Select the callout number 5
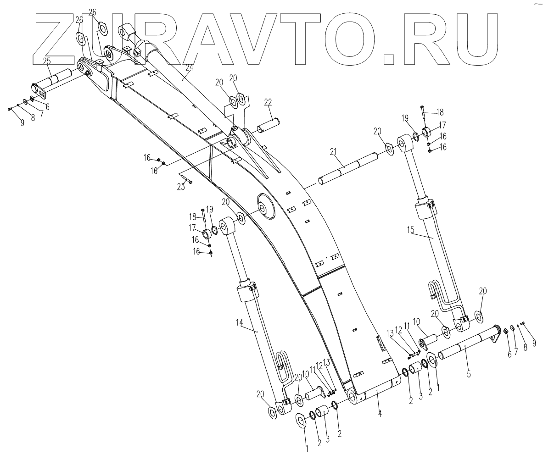pos(468,374)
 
